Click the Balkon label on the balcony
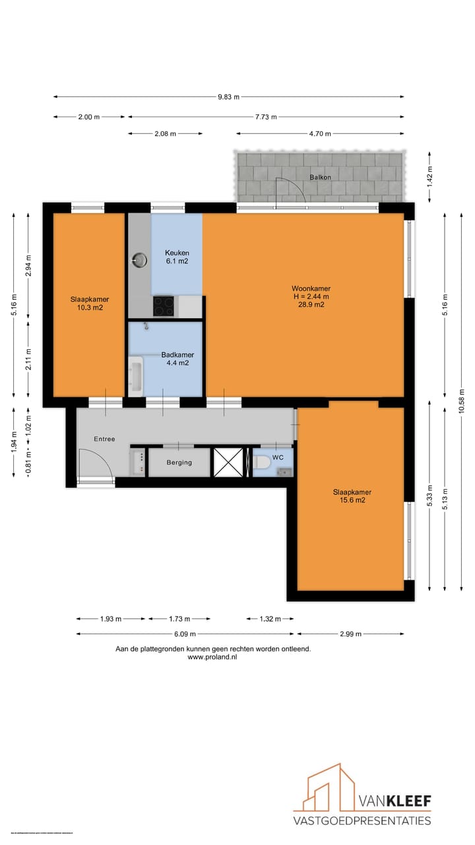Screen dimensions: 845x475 click(x=320, y=178)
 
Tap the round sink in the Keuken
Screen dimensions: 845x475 click(x=139, y=260)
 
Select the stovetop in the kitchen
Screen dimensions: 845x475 click(x=164, y=306)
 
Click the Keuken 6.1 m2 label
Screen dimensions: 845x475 click(x=177, y=257)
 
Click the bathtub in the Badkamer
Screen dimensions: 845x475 click(x=136, y=377)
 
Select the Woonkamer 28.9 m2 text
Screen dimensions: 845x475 click(x=311, y=296)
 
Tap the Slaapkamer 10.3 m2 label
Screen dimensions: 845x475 click(x=90, y=303)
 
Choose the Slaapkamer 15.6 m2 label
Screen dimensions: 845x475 click(x=352, y=496)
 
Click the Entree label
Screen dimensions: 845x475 click(x=104, y=439)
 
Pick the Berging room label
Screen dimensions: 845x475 click(x=179, y=463)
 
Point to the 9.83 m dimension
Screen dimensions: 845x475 click(x=228, y=97)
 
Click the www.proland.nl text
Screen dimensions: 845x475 click(x=212, y=658)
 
